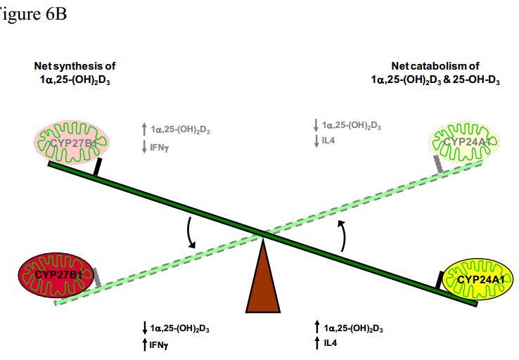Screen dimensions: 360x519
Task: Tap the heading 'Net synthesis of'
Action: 73,66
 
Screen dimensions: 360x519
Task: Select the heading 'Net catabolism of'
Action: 435,66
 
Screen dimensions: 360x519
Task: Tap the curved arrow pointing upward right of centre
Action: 342,234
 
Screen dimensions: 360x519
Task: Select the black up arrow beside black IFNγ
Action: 145,344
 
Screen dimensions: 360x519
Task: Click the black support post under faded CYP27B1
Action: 98,166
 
